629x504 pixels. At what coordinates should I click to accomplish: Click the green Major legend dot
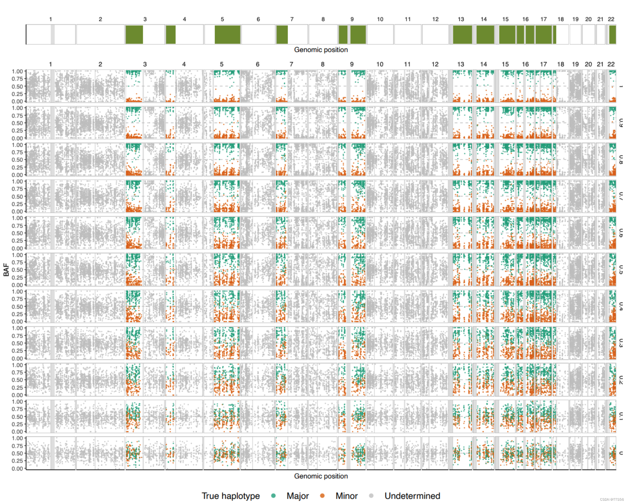273,495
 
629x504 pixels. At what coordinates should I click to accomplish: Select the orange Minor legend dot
322,495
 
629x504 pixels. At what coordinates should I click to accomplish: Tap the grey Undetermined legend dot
371,495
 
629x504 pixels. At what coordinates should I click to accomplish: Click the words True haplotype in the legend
230,496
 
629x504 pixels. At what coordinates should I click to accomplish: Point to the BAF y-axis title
6,269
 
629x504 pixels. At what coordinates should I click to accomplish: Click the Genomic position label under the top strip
321,50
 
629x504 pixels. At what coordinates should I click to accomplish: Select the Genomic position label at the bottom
321,476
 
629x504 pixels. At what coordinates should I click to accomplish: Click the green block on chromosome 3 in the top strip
134,34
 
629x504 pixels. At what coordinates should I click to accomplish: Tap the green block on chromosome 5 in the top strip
228,34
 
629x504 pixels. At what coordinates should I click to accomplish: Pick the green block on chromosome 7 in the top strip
282,34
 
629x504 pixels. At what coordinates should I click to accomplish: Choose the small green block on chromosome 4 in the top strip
171,34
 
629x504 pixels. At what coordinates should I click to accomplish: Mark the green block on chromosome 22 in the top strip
612,34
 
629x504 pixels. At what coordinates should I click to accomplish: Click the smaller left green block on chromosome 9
343,34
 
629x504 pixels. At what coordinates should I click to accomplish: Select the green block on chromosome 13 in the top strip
463,34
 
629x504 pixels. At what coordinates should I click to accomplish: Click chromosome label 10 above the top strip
380,19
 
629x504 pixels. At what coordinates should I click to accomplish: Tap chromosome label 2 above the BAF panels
100,64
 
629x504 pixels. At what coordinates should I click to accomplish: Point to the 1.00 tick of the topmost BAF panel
17,71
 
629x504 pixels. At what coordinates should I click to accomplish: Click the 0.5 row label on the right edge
620,269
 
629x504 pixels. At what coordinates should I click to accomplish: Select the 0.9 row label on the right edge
620,123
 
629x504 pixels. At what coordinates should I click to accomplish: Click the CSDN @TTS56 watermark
612,499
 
